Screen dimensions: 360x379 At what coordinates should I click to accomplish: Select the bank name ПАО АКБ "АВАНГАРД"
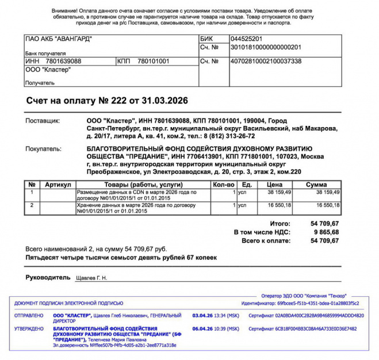(x=59, y=39)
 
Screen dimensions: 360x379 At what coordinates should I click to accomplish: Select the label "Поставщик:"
(x=43, y=121)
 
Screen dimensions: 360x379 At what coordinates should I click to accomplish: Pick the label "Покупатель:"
(x=43, y=148)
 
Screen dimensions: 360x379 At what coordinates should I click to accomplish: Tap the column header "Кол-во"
(x=223, y=184)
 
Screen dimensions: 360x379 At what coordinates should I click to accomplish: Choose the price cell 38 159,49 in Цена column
(x=278, y=192)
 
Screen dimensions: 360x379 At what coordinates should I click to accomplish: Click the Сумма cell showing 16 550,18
(x=324, y=205)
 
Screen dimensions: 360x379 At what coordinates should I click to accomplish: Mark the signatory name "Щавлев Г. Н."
(x=91, y=278)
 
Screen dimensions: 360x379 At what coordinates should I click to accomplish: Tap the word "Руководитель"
(x=49, y=278)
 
